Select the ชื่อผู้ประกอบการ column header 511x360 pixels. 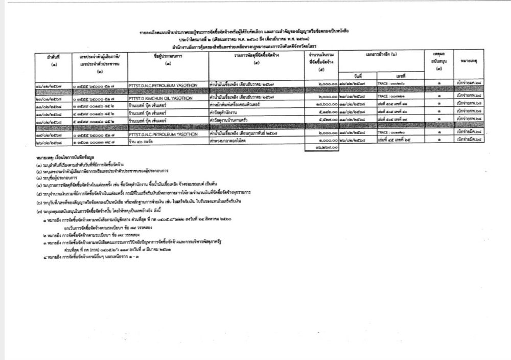click(168, 62)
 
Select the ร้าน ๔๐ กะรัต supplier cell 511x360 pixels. click(142, 139)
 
